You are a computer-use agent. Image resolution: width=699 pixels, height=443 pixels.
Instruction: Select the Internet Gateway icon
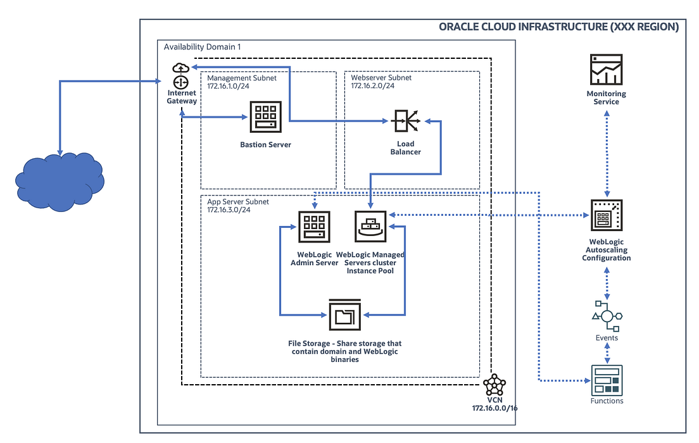tap(180, 75)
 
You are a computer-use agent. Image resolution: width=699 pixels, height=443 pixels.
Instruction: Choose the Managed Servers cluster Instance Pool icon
tap(370, 226)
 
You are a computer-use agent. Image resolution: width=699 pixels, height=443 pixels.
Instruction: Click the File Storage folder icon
tap(344, 315)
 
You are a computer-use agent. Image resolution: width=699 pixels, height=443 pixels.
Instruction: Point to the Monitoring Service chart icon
tap(606, 70)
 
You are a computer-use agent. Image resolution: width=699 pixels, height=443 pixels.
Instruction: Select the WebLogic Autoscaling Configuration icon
tap(606, 216)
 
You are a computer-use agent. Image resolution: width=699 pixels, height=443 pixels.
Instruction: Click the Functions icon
tap(607, 380)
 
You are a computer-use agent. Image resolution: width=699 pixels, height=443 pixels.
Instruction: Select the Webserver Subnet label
tap(381, 77)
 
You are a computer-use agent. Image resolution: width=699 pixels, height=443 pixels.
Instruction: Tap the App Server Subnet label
tap(238, 201)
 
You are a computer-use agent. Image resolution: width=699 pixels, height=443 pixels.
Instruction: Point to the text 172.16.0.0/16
tap(495, 408)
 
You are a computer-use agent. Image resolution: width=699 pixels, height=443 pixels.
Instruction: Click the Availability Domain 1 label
tap(202, 47)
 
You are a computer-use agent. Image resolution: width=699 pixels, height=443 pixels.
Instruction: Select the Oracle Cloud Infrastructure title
tap(558, 27)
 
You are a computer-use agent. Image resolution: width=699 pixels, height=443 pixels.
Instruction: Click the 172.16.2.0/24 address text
tap(373, 86)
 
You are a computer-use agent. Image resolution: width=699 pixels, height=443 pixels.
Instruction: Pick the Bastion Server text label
tap(265, 144)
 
